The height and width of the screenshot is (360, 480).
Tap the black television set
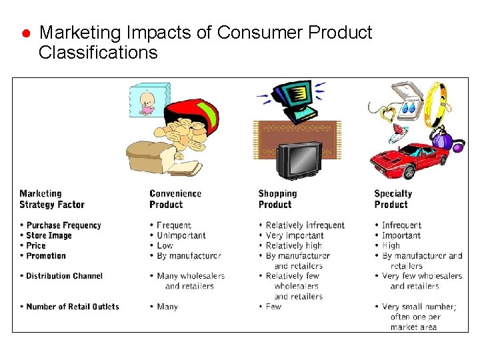[x=299, y=160]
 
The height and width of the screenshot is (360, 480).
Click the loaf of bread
[x=150, y=157]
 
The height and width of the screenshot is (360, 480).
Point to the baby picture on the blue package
[x=147, y=103]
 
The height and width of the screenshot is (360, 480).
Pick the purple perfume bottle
[x=442, y=139]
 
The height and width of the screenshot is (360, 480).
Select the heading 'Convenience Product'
[x=175, y=199]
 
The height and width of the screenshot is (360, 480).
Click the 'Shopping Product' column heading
[x=277, y=199]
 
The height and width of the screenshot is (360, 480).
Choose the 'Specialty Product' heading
[x=393, y=199]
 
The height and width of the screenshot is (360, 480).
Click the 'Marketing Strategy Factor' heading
[x=52, y=199]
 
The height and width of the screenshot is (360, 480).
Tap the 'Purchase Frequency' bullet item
[x=63, y=225]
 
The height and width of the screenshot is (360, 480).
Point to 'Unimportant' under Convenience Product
[x=181, y=235]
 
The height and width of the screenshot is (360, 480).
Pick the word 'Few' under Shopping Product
[x=273, y=307]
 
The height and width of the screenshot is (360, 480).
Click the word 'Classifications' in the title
[x=98, y=53]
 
